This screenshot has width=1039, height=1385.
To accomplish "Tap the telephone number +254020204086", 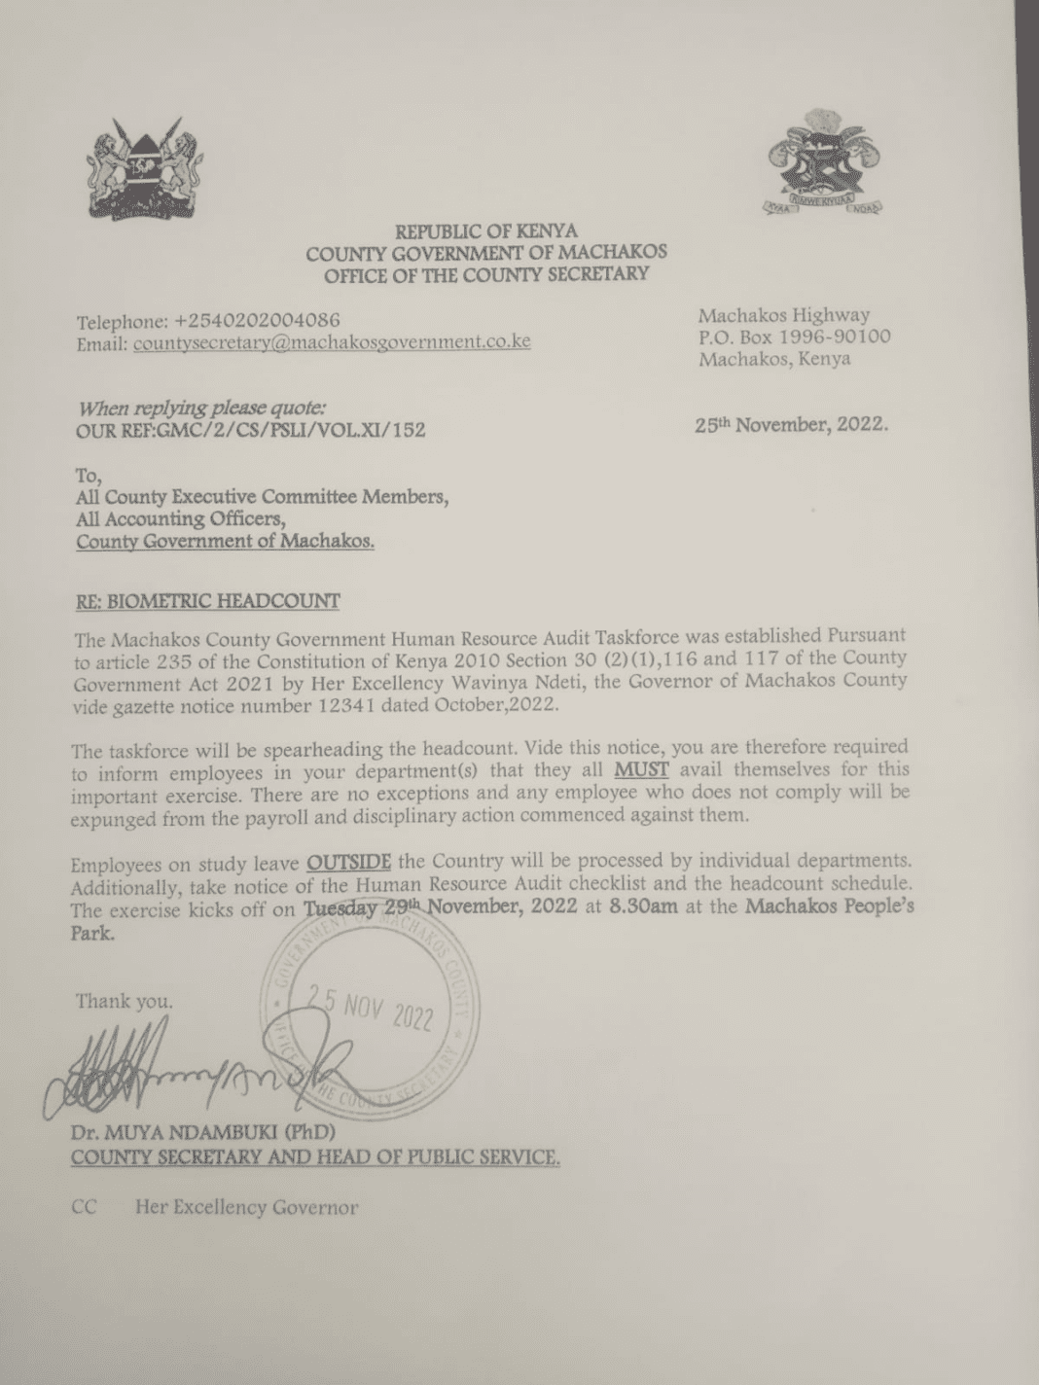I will [x=256, y=321].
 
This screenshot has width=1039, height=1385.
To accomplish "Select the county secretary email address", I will [x=331, y=342].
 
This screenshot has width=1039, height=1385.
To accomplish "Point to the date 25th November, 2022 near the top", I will [x=790, y=424].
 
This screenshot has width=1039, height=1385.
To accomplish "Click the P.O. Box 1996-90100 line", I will [x=794, y=337].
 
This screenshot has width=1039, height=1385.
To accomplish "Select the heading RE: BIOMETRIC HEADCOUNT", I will [x=208, y=600].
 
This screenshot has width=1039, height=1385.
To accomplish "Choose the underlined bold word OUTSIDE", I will [x=349, y=862].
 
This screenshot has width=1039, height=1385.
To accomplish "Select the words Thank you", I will [x=125, y=1001].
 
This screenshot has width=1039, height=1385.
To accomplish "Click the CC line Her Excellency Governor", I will [x=246, y=1207].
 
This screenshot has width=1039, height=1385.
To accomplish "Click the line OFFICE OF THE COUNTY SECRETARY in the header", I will [x=485, y=274].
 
